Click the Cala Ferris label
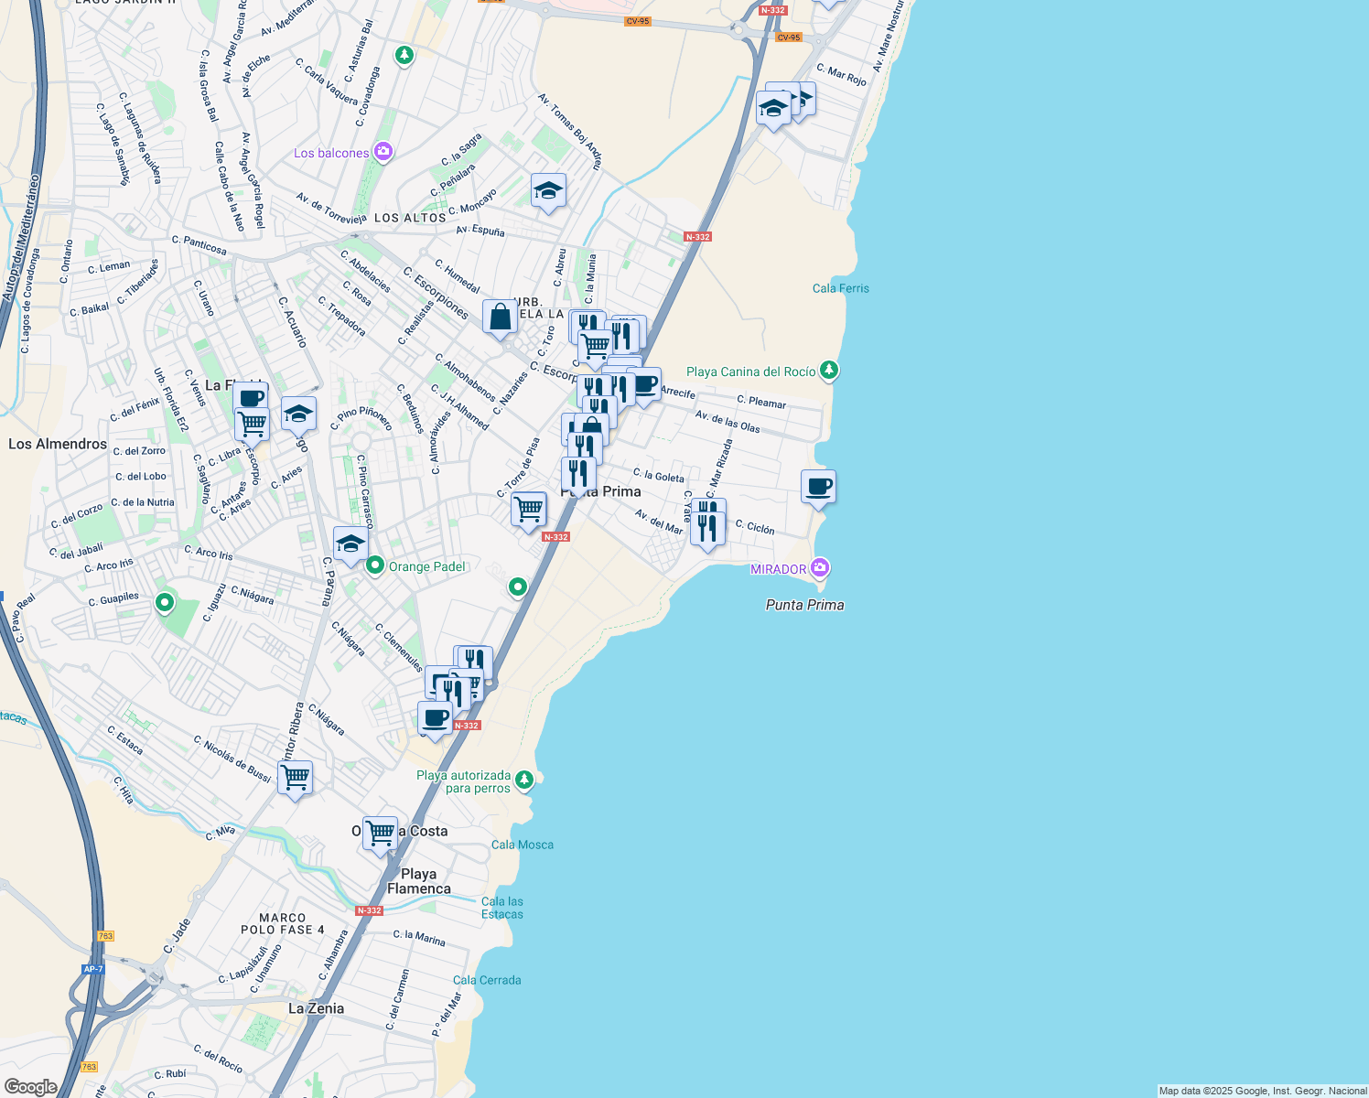pyautogui.click(x=840, y=288)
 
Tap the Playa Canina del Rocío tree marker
pyautogui.click(x=828, y=371)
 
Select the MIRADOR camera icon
pyautogui.click(x=820, y=568)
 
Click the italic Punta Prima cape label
pyautogui.click(x=804, y=605)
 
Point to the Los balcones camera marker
pyautogui.click(x=383, y=152)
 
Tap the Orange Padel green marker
pyautogui.click(x=374, y=566)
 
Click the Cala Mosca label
pyautogui.click(x=522, y=845)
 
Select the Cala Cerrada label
pyautogui.click(x=487, y=980)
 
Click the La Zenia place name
pyautogui.click(x=316, y=1008)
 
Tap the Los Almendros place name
pyautogui.click(x=58, y=444)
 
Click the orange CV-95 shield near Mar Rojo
pyautogui.click(x=788, y=38)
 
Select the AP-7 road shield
pyautogui.click(x=92, y=969)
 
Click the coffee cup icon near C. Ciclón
pyautogui.click(x=818, y=487)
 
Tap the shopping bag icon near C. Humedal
pyautogui.click(x=500, y=318)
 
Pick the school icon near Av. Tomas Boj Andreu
pyautogui.click(x=547, y=190)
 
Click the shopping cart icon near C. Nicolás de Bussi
pyautogui.click(x=295, y=779)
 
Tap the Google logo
pyautogui.click(x=30, y=1087)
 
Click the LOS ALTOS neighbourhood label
pyautogui.click(x=410, y=218)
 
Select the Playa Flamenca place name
pyautogui.click(x=418, y=881)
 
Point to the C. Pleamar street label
pyautogui.click(x=761, y=402)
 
